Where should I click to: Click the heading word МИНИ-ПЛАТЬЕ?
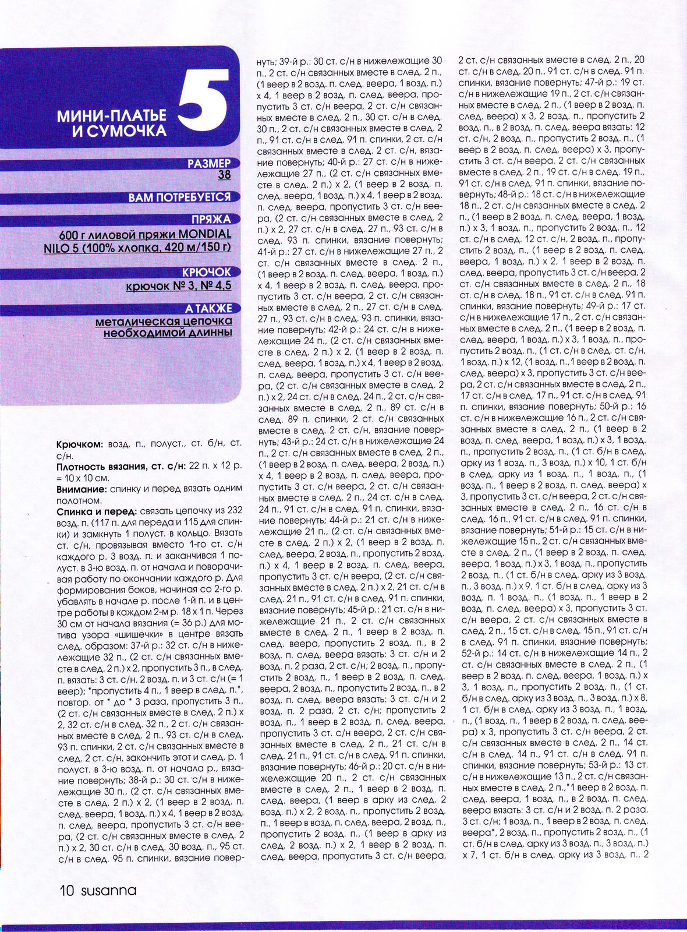[x=112, y=115]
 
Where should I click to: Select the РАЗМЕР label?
[x=209, y=164]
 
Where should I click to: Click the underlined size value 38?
[x=224, y=174]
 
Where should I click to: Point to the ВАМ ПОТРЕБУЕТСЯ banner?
[x=179, y=197]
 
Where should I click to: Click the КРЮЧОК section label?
[x=206, y=272]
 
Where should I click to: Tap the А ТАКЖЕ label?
[x=208, y=308]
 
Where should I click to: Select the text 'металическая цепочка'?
[x=164, y=321]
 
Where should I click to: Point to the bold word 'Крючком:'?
[x=80, y=444]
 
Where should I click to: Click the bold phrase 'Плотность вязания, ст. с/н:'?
[x=121, y=467]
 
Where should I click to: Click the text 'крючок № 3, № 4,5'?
[x=179, y=285]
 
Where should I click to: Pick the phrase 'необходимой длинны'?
[x=168, y=333]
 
